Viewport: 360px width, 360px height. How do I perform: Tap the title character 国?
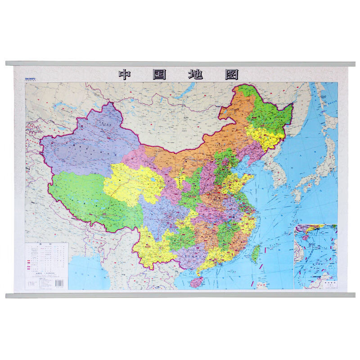(160, 74)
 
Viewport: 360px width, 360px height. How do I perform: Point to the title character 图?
(230, 74)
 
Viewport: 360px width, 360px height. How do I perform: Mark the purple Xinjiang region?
(85, 144)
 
